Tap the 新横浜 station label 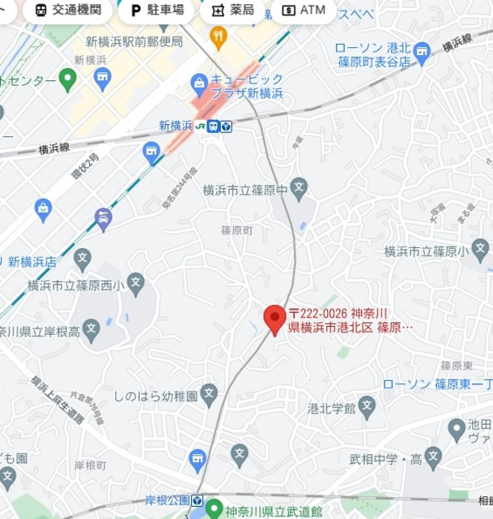pos(176,126)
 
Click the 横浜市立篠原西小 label pos(75,285)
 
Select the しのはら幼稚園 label pos(156,397)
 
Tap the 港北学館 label pos(332,406)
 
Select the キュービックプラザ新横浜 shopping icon pos(199,82)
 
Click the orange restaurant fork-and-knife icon pos(218,35)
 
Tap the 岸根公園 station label pos(168,500)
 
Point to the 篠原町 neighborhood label pos(237,231)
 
